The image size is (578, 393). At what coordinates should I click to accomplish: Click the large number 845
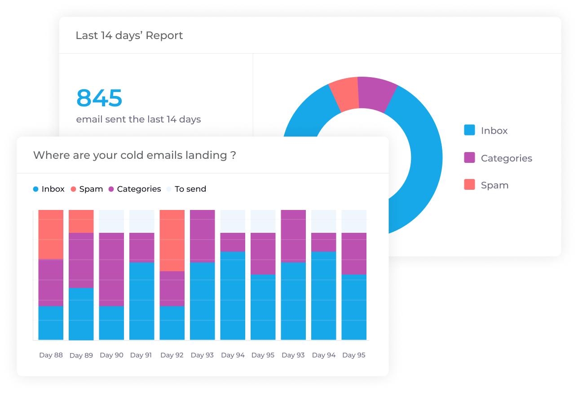(99, 98)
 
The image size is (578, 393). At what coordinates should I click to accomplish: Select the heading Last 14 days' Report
(129, 35)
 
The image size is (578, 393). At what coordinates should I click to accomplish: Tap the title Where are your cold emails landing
(134, 155)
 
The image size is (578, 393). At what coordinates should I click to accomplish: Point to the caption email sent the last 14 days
(138, 119)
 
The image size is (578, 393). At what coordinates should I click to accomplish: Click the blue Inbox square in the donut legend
(469, 130)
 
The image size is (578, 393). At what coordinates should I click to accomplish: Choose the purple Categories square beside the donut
(469, 157)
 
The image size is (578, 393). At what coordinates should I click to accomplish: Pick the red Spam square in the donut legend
(469, 184)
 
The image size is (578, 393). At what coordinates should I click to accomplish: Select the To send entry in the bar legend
(186, 189)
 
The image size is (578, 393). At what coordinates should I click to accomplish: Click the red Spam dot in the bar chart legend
(73, 189)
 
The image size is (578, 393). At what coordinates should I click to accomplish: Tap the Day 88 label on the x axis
(51, 355)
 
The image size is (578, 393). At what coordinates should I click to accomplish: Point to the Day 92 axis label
(172, 355)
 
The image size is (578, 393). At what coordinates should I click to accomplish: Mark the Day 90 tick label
(111, 355)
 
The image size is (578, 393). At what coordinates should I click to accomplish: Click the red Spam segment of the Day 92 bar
(172, 240)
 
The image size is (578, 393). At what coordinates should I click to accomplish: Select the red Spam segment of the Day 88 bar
(51, 234)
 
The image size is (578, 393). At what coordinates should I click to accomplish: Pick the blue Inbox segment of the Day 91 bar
(141, 301)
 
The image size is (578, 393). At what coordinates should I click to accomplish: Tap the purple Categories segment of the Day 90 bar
(111, 269)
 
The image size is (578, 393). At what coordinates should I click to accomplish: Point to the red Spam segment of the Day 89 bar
(81, 221)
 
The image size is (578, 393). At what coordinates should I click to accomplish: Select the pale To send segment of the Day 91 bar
(141, 221)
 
